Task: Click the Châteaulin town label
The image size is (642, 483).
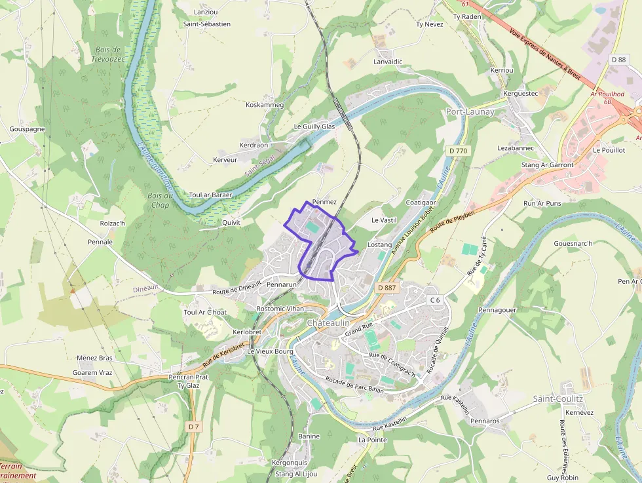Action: (x=328, y=324)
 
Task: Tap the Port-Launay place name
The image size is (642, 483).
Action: (x=470, y=111)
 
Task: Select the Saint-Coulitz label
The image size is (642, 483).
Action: (x=557, y=398)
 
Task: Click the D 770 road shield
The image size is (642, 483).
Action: (x=459, y=151)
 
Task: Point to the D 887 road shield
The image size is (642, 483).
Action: (x=387, y=288)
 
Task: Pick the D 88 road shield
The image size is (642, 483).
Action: (x=618, y=60)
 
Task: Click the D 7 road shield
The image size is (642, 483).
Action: (x=193, y=427)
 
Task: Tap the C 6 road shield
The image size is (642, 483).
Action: (x=435, y=300)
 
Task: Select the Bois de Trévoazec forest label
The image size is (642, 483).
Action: (x=107, y=54)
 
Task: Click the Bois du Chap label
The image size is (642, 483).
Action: (x=159, y=200)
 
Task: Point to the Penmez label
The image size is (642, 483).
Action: (x=324, y=202)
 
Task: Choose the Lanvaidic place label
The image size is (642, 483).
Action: (x=387, y=62)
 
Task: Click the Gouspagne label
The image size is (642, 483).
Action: (x=27, y=129)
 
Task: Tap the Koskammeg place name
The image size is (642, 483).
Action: (x=264, y=105)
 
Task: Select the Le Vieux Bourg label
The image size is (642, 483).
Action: (x=270, y=351)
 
